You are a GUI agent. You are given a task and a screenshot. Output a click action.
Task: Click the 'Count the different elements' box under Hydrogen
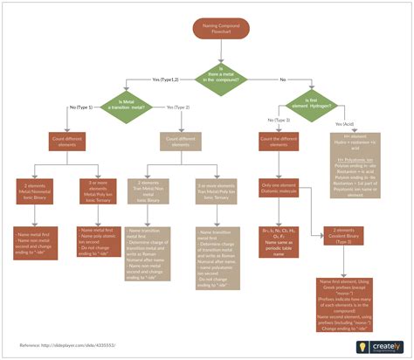click(x=279, y=142)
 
